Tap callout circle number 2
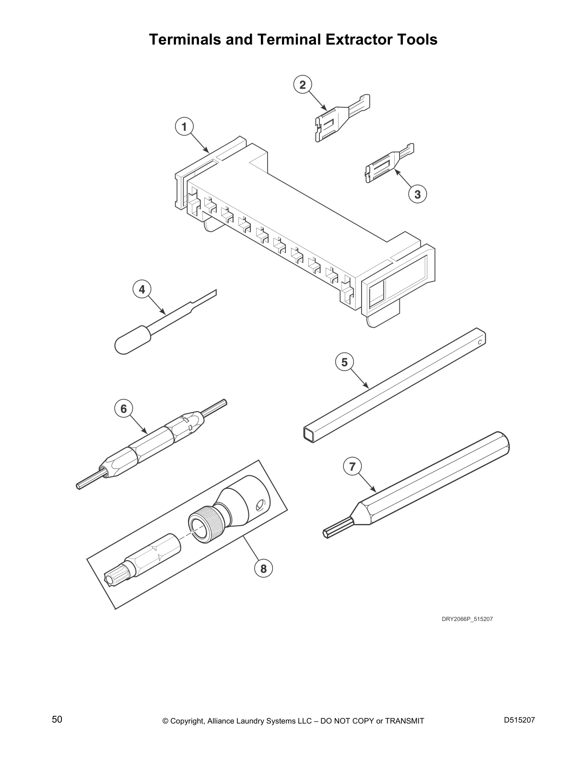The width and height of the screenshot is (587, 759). point(302,85)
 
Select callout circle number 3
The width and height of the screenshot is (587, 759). point(417,194)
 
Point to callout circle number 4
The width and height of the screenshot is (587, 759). point(141,289)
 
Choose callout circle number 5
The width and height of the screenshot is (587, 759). point(344,362)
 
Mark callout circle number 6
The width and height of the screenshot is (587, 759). point(124,408)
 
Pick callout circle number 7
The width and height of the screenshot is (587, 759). point(352,466)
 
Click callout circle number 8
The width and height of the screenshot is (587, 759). point(263,568)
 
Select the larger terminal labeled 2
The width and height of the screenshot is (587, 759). point(336,120)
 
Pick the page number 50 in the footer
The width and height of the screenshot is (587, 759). point(57,720)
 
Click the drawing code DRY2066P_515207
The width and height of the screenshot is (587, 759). point(467,619)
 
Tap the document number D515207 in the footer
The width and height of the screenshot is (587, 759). point(519,720)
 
